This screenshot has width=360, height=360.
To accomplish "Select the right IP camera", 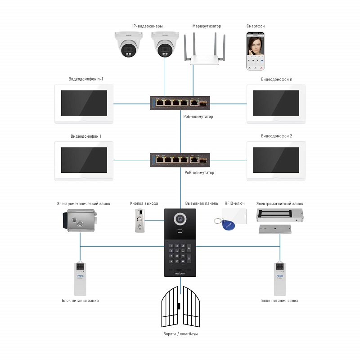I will tap(165, 45).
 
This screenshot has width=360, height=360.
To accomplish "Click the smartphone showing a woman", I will tap(256, 51).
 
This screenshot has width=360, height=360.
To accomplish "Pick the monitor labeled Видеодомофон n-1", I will tap(84, 103).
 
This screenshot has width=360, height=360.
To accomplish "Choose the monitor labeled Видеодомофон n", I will tap(276, 103).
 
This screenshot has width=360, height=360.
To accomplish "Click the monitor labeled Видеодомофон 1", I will tap(84, 160).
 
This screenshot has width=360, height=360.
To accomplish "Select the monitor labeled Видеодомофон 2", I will tap(276, 160).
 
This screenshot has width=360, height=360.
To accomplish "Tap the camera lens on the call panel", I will tap(180, 219).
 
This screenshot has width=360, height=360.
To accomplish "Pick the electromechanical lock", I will tap(80, 220).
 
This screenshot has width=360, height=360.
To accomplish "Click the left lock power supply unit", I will tap(80, 277).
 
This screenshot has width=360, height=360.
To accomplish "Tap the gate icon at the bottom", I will tap(180, 308).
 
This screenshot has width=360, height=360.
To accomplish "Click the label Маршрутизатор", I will tap(207, 27).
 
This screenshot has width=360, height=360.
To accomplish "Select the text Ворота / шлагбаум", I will tap(180, 334).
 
